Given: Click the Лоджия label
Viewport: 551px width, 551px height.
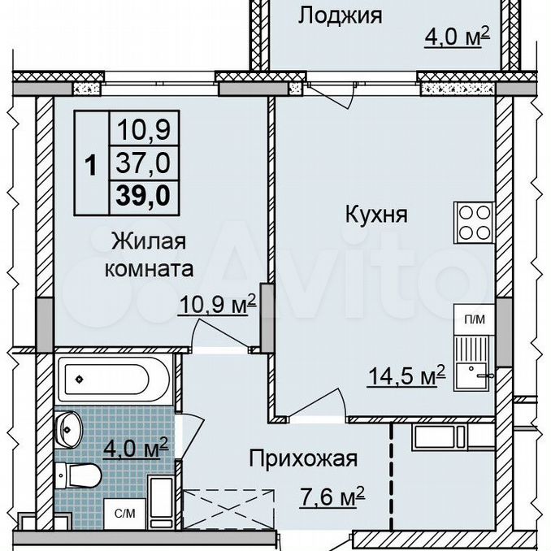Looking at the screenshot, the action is click(341, 16).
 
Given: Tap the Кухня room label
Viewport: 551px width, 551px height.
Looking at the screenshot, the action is click(376, 215).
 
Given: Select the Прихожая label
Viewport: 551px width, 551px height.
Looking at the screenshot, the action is click(303, 458).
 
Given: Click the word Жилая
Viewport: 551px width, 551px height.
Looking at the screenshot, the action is click(149, 241).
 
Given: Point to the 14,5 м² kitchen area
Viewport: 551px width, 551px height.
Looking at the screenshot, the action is click(406, 376).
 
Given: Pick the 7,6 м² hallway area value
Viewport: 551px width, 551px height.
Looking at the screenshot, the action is click(332, 497).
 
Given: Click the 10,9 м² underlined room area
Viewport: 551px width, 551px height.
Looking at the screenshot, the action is click(217, 304).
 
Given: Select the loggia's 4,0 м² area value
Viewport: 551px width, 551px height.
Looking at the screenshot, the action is click(458, 37).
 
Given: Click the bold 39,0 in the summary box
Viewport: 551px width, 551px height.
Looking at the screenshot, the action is click(143, 195).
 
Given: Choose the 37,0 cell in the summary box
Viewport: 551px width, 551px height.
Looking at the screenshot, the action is click(143, 163).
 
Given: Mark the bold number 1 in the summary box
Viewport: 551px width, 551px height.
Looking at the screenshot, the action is click(91, 166).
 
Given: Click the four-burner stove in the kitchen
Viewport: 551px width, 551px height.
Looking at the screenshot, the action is click(475, 223).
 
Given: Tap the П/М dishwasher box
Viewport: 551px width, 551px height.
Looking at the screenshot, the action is click(475, 319).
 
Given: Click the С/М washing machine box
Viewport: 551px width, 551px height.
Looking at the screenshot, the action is click(125, 514).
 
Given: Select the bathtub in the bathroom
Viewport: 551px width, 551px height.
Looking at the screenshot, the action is click(115, 380).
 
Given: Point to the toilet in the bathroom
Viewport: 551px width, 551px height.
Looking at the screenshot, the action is click(78, 475).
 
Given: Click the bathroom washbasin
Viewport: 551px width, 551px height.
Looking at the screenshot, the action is click(69, 430).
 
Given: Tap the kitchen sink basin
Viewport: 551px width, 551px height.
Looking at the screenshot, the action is click(471, 376).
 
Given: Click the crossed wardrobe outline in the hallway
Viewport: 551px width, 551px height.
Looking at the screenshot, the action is click(228, 509).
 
